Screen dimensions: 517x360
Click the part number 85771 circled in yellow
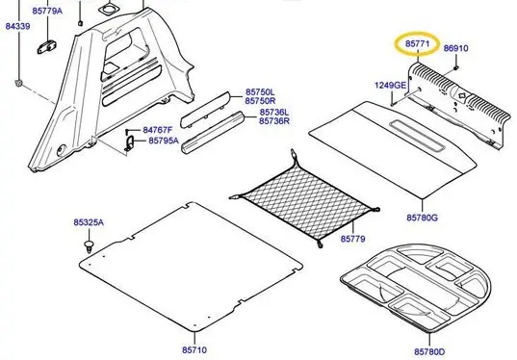click(418, 43)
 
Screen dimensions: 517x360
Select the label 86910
click(455, 48)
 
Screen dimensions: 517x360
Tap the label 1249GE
click(390, 85)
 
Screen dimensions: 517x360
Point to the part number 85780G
click(422, 218)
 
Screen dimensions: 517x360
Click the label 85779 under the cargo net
click(352, 239)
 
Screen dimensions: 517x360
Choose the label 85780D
click(429, 351)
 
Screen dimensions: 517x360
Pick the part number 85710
click(194, 349)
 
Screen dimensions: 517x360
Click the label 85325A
click(89, 222)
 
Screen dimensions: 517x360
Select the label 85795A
click(164, 141)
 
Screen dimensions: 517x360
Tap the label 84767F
click(158, 130)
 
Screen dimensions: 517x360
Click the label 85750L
click(260, 92)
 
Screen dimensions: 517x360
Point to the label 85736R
click(274, 121)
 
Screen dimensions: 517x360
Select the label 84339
click(17, 26)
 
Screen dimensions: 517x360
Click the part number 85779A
click(47, 11)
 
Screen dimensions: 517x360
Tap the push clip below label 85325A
click(89, 246)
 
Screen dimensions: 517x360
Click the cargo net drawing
click(304, 198)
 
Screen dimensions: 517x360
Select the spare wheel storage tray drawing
click(416, 288)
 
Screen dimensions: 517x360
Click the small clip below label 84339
click(19, 83)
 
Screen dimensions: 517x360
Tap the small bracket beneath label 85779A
click(46, 46)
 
